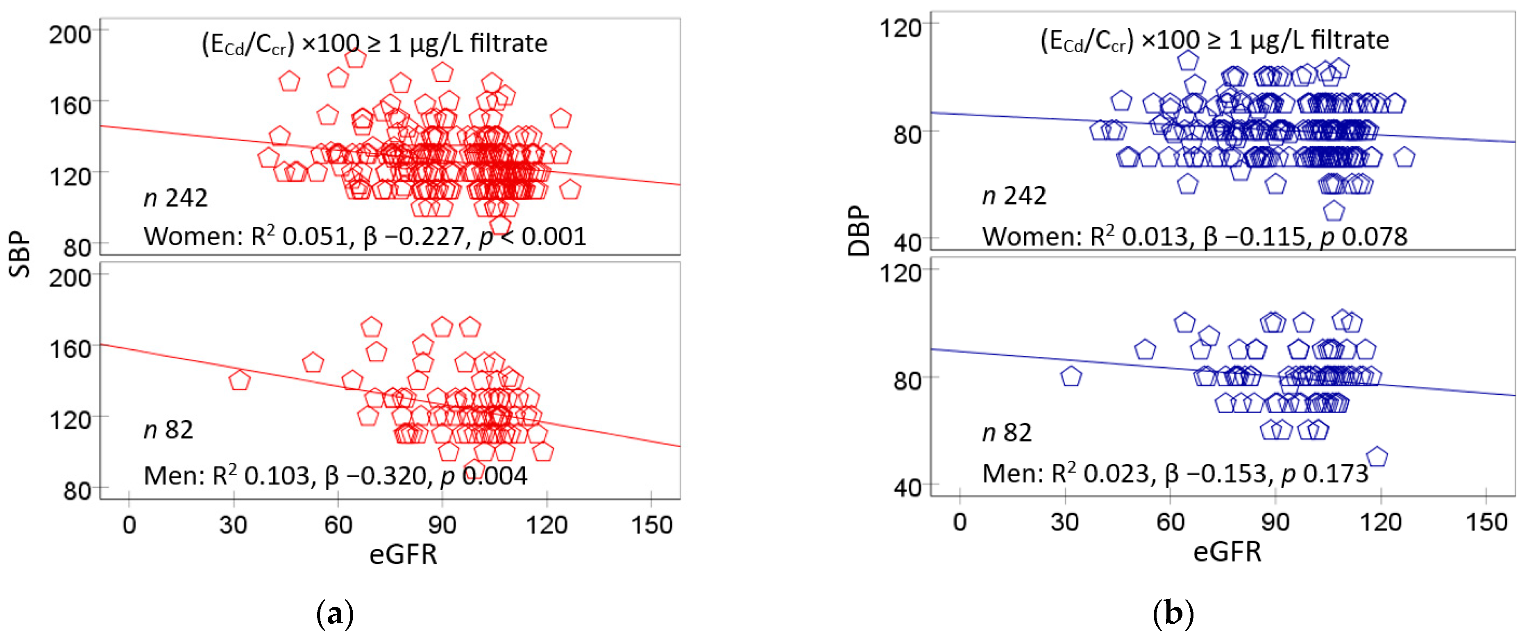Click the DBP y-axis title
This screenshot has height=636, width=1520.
click(859, 231)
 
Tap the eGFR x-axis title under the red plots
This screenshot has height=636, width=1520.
click(403, 554)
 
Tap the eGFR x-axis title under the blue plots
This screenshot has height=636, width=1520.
click(1227, 552)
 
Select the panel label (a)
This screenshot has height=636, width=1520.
click(335, 613)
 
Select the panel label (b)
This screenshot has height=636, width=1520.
click(1173, 613)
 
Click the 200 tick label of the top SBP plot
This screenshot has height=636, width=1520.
click(70, 35)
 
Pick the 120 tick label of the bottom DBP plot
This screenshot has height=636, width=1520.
click(900, 273)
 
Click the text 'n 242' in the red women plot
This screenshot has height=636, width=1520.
click(175, 198)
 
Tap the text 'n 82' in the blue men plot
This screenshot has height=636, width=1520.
click(1007, 432)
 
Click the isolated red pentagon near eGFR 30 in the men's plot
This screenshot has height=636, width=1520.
click(239, 380)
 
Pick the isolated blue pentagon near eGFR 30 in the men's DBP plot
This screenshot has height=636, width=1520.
click(1071, 376)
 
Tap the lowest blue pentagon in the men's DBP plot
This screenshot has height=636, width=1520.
click(1377, 457)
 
